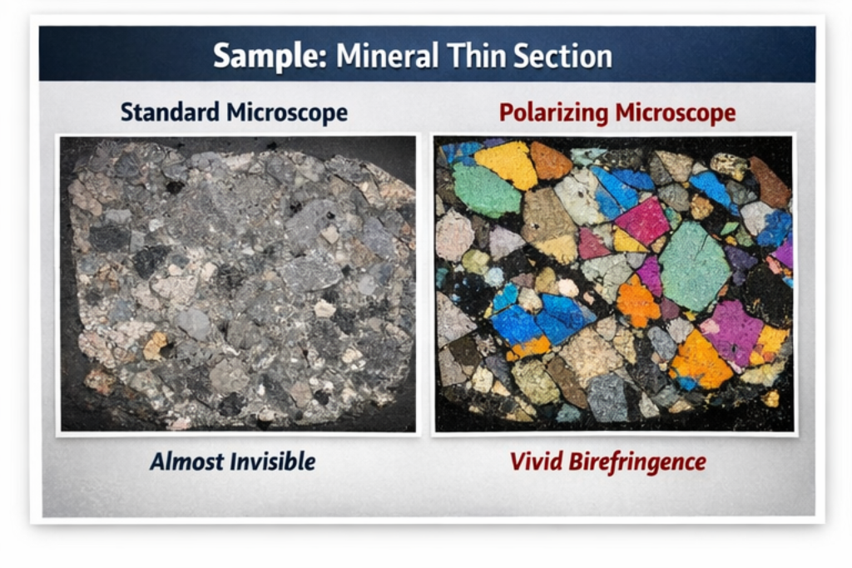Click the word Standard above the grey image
[x=171, y=112]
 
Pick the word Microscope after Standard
[x=289, y=112]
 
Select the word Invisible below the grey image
[x=273, y=461]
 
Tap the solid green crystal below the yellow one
[x=486, y=191]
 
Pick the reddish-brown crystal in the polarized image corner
[x=769, y=181]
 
